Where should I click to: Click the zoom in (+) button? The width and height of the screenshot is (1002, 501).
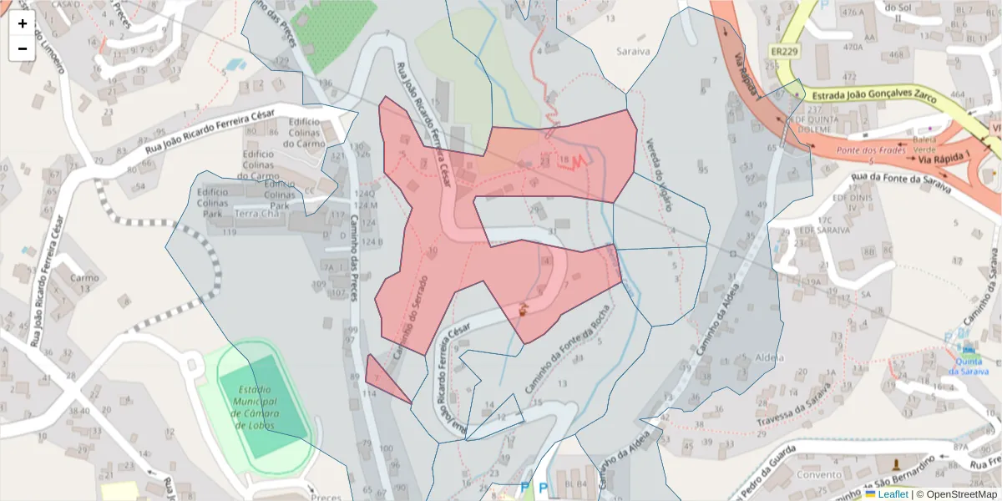pyautogui.click(x=22, y=23)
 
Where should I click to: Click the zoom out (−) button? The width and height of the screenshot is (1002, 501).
pyautogui.click(x=22, y=48)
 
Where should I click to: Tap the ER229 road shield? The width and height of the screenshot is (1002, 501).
pyautogui.click(x=782, y=51)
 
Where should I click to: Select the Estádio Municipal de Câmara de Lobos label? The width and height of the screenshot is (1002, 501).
pyautogui.click(x=266, y=407)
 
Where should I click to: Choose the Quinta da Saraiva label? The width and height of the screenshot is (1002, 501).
pyautogui.click(x=968, y=366)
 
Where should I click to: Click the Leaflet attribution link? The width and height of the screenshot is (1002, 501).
pyautogui.click(x=891, y=494)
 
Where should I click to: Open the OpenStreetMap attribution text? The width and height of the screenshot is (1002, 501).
pyautogui.click(x=956, y=494)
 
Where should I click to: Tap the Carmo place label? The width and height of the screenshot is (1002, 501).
pyautogui.click(x=84, y=278)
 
